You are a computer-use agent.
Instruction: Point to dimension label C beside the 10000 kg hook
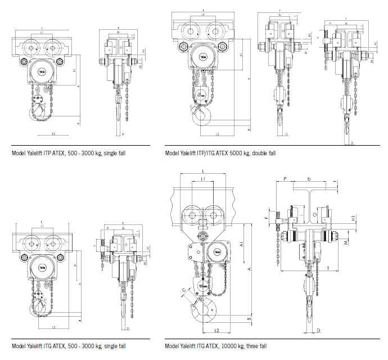pyautogui.click(x=183, y=291)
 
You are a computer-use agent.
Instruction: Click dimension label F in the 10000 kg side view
pyautogui.click(x=266, y=215)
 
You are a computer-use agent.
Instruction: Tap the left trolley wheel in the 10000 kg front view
pyautogui.click(x=192, y=215)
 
